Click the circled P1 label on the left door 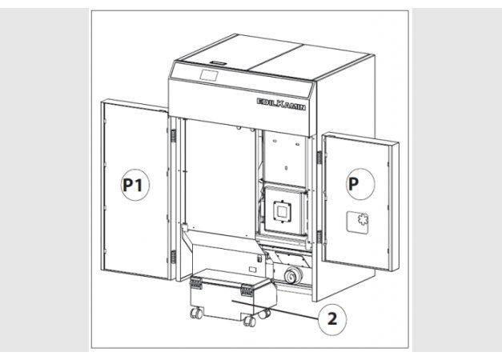[x=135, y=185]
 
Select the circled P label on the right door [x=360, y=184]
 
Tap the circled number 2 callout [x=332, y=319]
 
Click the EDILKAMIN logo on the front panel [x=281, y=104]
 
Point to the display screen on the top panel [x=209, y=75]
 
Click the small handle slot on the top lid [x=218, y=62]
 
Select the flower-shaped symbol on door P [x=363, y=219]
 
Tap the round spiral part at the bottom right [x=293, y=274]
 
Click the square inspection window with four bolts [x=282, y=211]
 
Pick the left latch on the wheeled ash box [x=195, y=283]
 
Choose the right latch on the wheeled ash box [x=247, y=290]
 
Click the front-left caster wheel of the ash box [x=196, y=314]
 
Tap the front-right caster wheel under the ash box [x=250, y=321]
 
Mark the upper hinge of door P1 [x=173, y=136]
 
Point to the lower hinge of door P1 [x=173, y=257]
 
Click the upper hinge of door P [x=319, y=157]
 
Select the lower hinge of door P [x=319, y=237]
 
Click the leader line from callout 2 [x=275, y=310]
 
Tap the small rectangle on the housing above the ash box [x=252, y=270]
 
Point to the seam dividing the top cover [x=275, y=58]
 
